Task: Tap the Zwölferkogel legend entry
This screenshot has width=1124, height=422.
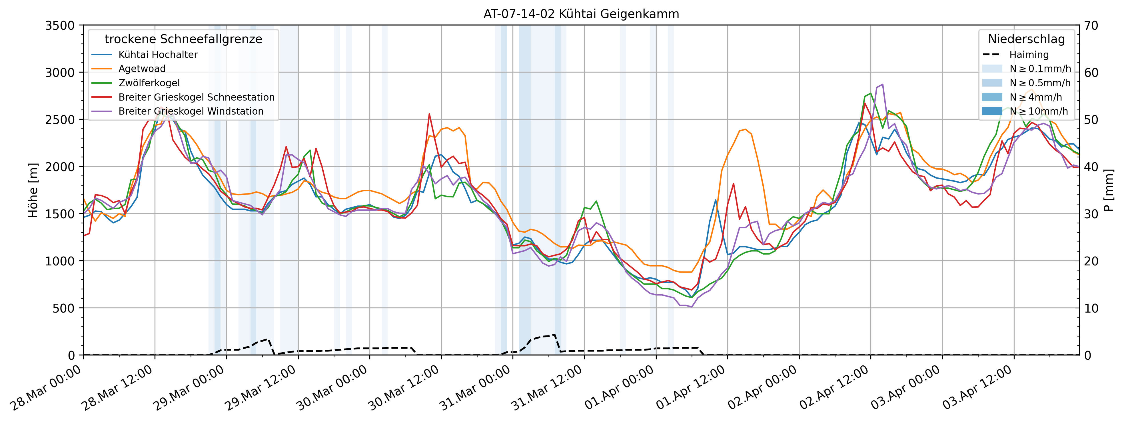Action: [x=149, y=83]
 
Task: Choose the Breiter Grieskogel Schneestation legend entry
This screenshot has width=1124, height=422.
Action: [x=196, y=97]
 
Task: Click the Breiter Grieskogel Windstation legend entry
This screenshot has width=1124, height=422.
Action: [x=191, y=111]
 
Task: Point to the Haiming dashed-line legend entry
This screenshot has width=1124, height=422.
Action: [x=1028, y=55]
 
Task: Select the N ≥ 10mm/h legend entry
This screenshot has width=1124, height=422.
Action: [x=1039, y=111]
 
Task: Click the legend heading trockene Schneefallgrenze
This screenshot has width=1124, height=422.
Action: [x=183, y=39]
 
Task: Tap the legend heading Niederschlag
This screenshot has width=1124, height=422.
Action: [x=1026, y=39]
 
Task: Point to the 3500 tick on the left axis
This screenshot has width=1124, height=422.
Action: [x=60, y=26]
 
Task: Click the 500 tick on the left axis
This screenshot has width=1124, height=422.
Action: [x=65, y=308]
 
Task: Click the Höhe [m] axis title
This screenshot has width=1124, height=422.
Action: [x=33, y=190]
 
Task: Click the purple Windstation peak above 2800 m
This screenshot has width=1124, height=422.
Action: [x=883, y=84]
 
